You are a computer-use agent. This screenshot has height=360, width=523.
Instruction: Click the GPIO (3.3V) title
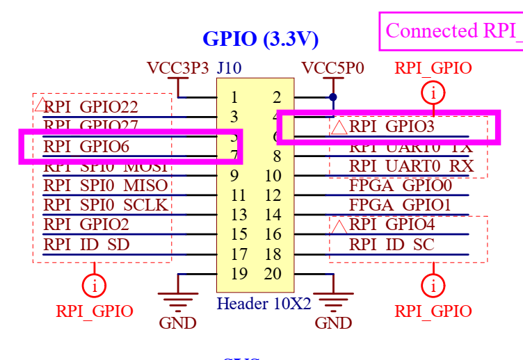coord(260,38)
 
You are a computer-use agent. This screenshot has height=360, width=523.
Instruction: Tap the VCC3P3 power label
coord(177,68)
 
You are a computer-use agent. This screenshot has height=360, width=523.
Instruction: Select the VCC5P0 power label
coord(332,68)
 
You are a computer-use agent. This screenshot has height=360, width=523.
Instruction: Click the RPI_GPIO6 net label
coord(86,146)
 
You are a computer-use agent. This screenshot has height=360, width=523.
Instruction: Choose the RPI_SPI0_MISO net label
coord(106,186)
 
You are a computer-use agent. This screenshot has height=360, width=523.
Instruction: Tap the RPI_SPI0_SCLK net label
coord(106,205)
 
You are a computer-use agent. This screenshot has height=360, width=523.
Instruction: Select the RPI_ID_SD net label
coord(86,245)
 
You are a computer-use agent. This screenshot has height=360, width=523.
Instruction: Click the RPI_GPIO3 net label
coord(392,126)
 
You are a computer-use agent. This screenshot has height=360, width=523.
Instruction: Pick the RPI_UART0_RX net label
coord(411,166)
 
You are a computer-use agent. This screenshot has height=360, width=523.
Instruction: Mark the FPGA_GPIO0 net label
coord(401,186)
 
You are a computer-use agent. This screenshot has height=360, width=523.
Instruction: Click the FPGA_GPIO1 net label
coord(401,205)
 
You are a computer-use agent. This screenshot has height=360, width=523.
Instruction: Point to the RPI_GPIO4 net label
coord(392,224)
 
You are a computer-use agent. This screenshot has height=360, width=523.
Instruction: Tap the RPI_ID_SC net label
coord(392,245)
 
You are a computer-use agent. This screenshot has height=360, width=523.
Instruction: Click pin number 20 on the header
coord(273,273)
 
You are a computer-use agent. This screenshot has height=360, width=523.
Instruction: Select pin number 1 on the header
coord(235,97)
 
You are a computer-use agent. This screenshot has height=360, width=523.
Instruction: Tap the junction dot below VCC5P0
coord(333,97)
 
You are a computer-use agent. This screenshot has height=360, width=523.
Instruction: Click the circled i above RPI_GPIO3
coord(433,92)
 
